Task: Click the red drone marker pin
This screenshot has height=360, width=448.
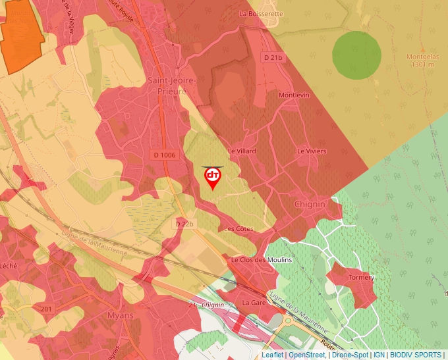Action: pos(213,177)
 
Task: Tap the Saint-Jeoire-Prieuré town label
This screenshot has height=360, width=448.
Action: pos(173,86)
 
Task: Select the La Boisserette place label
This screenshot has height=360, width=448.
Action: pos(262,13)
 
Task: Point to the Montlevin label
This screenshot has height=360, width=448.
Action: pos(294,95)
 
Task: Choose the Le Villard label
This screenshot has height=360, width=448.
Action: pos(241,151)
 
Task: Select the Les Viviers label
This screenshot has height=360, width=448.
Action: pos(312,151)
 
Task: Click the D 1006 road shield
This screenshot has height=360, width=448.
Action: pos(165,155)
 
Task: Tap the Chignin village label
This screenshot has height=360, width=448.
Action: pos(310,204)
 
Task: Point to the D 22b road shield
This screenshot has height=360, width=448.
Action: pos(185,224)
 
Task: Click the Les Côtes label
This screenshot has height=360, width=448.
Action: pos(238,229)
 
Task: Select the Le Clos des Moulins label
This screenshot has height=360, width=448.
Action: pos(261,260)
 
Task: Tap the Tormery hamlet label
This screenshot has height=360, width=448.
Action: pos(361,277)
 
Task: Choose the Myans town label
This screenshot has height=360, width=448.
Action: pos(119,315)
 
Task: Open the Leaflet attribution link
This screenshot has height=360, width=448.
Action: pos(272,355)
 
